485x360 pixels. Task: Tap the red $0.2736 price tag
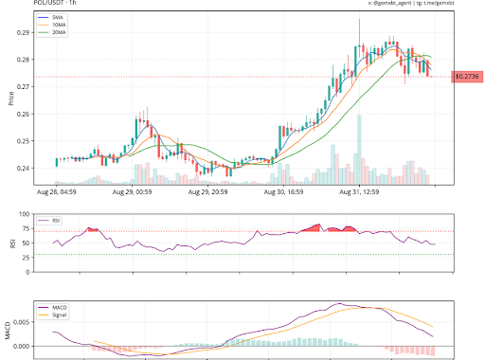click(x=466, y=76)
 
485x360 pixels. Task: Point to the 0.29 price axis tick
click(x=22, y=32)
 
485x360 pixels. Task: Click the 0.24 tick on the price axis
click(x=22, y=169)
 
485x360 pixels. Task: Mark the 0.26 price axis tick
click(x=22, y=114)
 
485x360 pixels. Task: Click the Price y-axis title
click(x=9, y=99)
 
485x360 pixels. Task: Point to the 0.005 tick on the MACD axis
click(x=20, y=323)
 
